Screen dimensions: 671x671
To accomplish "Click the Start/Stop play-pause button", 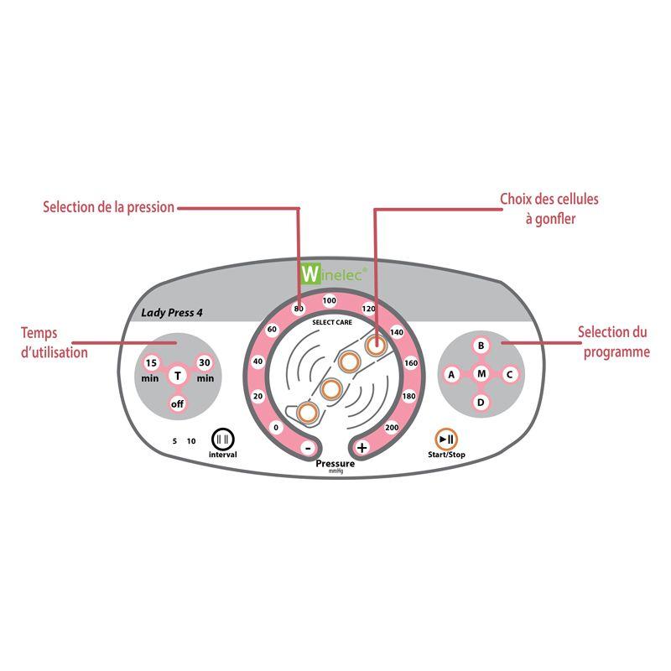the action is [x=446, y=439].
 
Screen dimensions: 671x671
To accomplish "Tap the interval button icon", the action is [x=223, y=439].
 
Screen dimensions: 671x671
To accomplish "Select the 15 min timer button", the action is [x=151, y=363].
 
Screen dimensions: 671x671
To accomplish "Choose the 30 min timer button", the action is [x=205, y=363].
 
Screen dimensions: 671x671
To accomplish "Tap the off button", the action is [x=177, y=403].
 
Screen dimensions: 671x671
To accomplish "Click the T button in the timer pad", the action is [x=178, y=376].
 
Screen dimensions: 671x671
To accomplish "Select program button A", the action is [x=451, y=374].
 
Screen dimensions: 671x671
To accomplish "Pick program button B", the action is [x=481, y=346].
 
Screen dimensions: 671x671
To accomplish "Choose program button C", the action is [x=510, y=374].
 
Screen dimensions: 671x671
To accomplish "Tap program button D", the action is [x=481, y=403].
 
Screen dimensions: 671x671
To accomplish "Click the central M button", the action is [x=481, y=374].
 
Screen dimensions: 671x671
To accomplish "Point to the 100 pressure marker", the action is [x=330, y=300].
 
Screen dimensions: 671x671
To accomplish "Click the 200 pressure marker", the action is [x=392, y=427].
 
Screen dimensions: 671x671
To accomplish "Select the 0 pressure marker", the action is [x=276, y=427].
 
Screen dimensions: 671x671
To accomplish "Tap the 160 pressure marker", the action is [x=411, y=363].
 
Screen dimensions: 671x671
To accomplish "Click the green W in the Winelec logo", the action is [x=310, y=273].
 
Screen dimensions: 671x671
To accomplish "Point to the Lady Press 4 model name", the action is [x=172, y=313].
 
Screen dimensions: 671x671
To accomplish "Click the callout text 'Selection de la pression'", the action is [x=109, y=207].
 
